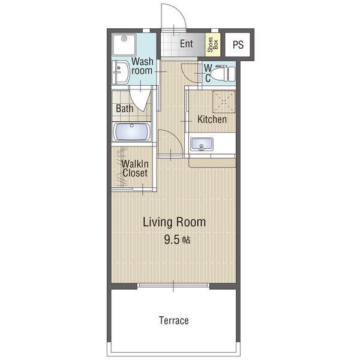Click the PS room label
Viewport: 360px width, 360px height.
238,44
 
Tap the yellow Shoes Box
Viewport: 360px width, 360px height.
212,45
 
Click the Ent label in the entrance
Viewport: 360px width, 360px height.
186,44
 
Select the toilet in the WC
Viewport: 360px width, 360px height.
223,73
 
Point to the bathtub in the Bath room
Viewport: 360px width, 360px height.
131,132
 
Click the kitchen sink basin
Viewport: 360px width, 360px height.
202,145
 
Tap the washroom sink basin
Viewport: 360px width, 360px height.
121,73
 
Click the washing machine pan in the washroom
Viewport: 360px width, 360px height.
124,44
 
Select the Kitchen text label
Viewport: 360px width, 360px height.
212,119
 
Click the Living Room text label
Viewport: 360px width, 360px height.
174,222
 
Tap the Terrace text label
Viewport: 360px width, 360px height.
174,320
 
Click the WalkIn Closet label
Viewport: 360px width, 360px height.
135,168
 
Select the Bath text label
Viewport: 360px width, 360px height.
124,109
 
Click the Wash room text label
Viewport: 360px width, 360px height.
142,66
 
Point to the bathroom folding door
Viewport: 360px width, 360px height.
140,100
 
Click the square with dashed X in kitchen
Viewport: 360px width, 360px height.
224,102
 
